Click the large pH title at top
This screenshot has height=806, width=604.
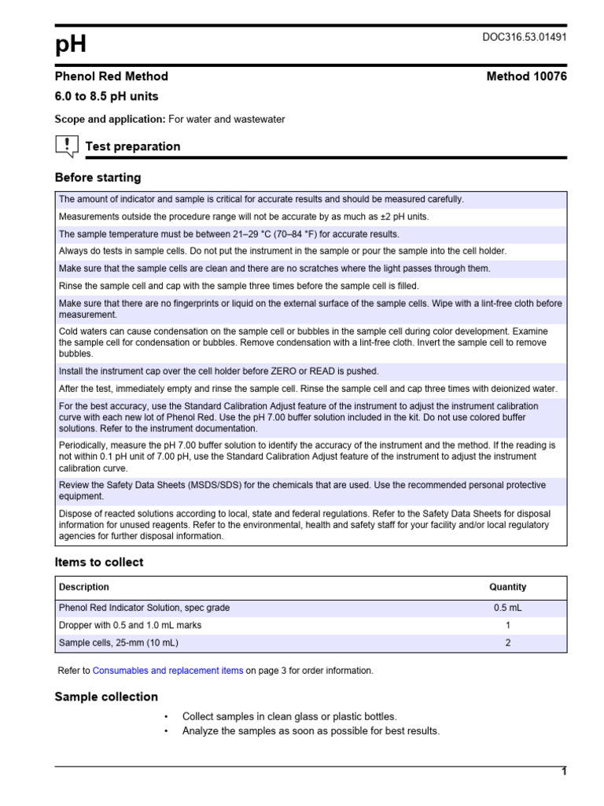tap(71, 46)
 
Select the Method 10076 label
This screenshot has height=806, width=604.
tap(526, 76)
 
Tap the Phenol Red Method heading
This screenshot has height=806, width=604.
tap(111, 76)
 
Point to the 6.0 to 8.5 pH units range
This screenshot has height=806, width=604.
tap(106, 97)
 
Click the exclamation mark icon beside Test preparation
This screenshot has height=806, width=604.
tap(68, 145)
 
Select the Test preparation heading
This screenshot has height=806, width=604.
tap(132, 146)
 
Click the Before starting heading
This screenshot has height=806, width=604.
tap(98, 178)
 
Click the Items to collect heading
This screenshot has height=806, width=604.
tap(99, 562)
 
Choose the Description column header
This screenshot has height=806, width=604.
tap(84, 587)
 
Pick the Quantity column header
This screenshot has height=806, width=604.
tap(507, 587)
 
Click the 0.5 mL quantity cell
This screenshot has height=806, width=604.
tap(507, 608)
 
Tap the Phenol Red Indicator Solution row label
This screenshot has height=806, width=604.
tap(145, 608)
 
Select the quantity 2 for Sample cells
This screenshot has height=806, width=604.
tap(508, 642)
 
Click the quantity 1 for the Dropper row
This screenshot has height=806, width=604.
tap(508, 625)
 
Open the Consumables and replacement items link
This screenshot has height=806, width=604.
tap(168, 671)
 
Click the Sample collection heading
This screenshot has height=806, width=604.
tap(106, 697)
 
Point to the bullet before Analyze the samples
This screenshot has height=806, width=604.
tap(167, 731)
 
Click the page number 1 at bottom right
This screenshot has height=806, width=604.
tap(564, 771)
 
